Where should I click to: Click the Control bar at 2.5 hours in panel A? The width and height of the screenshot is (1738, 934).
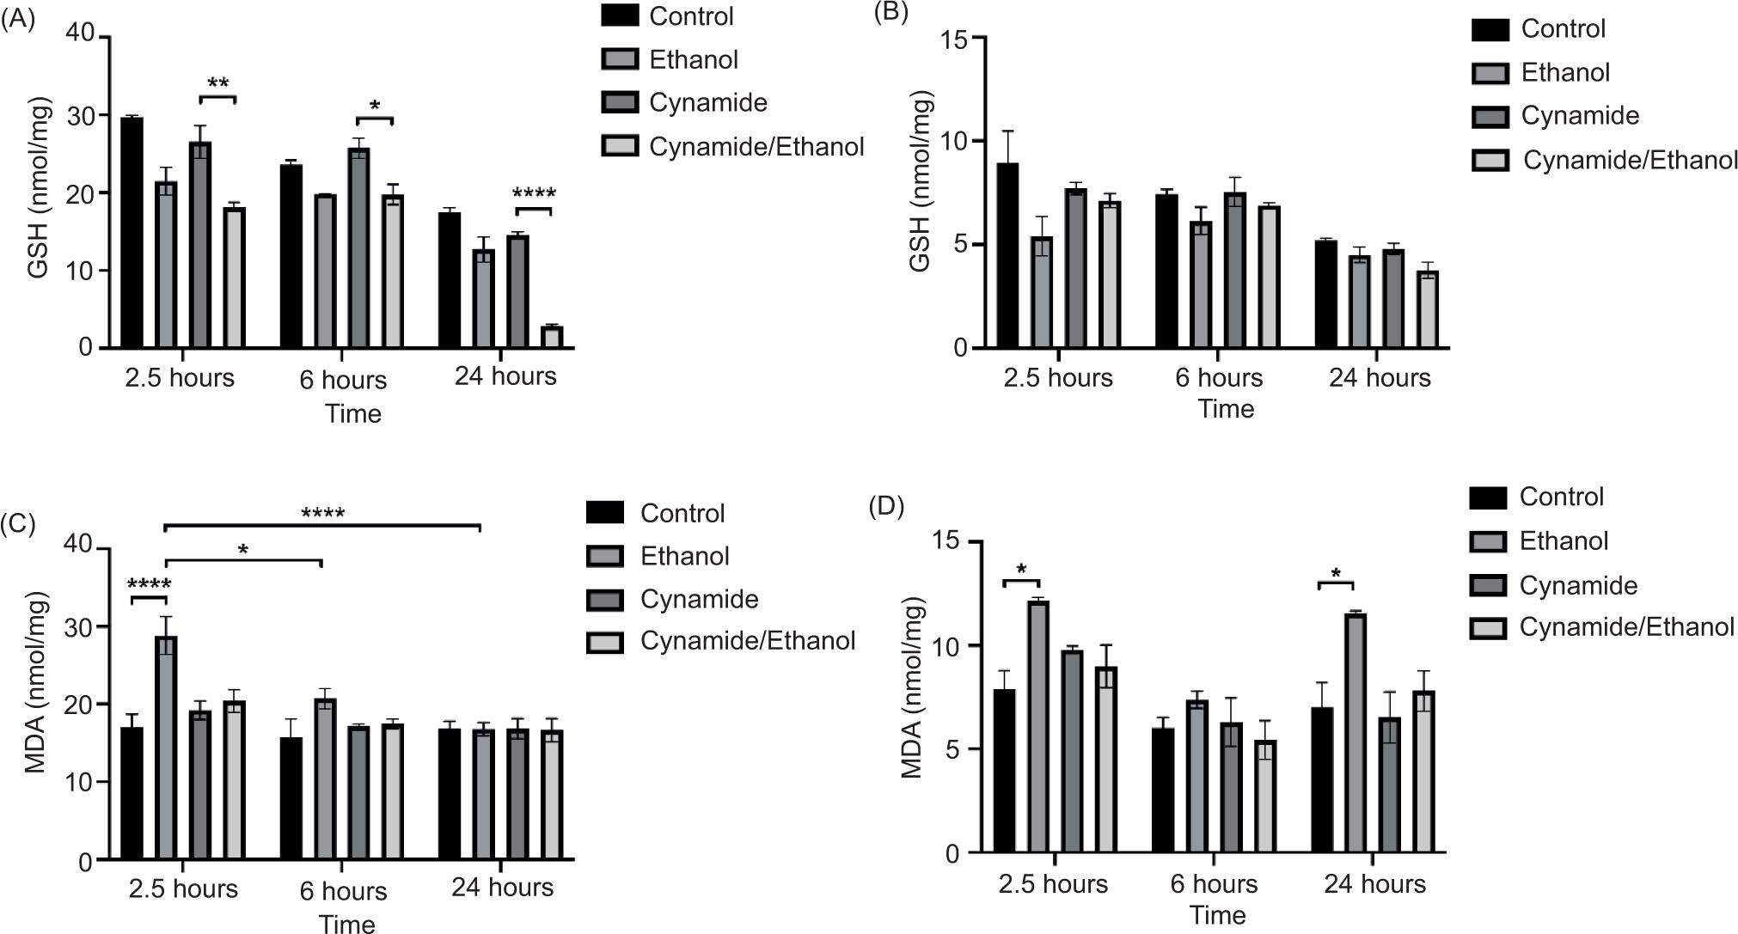pyautogui.click(x=132, y=232)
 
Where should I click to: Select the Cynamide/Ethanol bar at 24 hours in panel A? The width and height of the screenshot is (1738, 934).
pyautogui.click(x=552, y=337)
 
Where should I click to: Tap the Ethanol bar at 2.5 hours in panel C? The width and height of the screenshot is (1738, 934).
pyautogui.click(x=166, y=748)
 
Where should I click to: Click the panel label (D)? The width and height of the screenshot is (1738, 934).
pyautogui.click(x=887, y=506)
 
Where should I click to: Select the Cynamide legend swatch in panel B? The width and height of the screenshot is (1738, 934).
pyautogui.click(x=1489, y=116)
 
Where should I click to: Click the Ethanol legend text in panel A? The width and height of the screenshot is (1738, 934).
pyautogui.click(x=694, y=60)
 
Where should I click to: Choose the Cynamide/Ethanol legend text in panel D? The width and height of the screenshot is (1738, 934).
pyautogui.click(x=1626, y=627)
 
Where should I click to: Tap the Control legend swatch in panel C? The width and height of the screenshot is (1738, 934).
pyautogui.click(x=604, y=513)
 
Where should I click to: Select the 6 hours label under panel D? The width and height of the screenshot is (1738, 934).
pyautogui.click(x=1214, y=884)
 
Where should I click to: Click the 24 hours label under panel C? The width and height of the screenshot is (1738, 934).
pyautogui.click(x=502, y=887)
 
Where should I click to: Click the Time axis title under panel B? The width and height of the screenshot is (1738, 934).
pyautogui.click(x=1226, y=409)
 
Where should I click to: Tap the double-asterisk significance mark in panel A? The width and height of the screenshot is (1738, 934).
pyautogui.click(x=218, y=84)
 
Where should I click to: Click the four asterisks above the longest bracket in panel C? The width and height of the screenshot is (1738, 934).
pyautogui.click(x=323, y=515)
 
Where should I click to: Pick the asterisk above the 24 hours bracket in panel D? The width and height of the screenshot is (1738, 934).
pyautogui.click(x=1336, y=573)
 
